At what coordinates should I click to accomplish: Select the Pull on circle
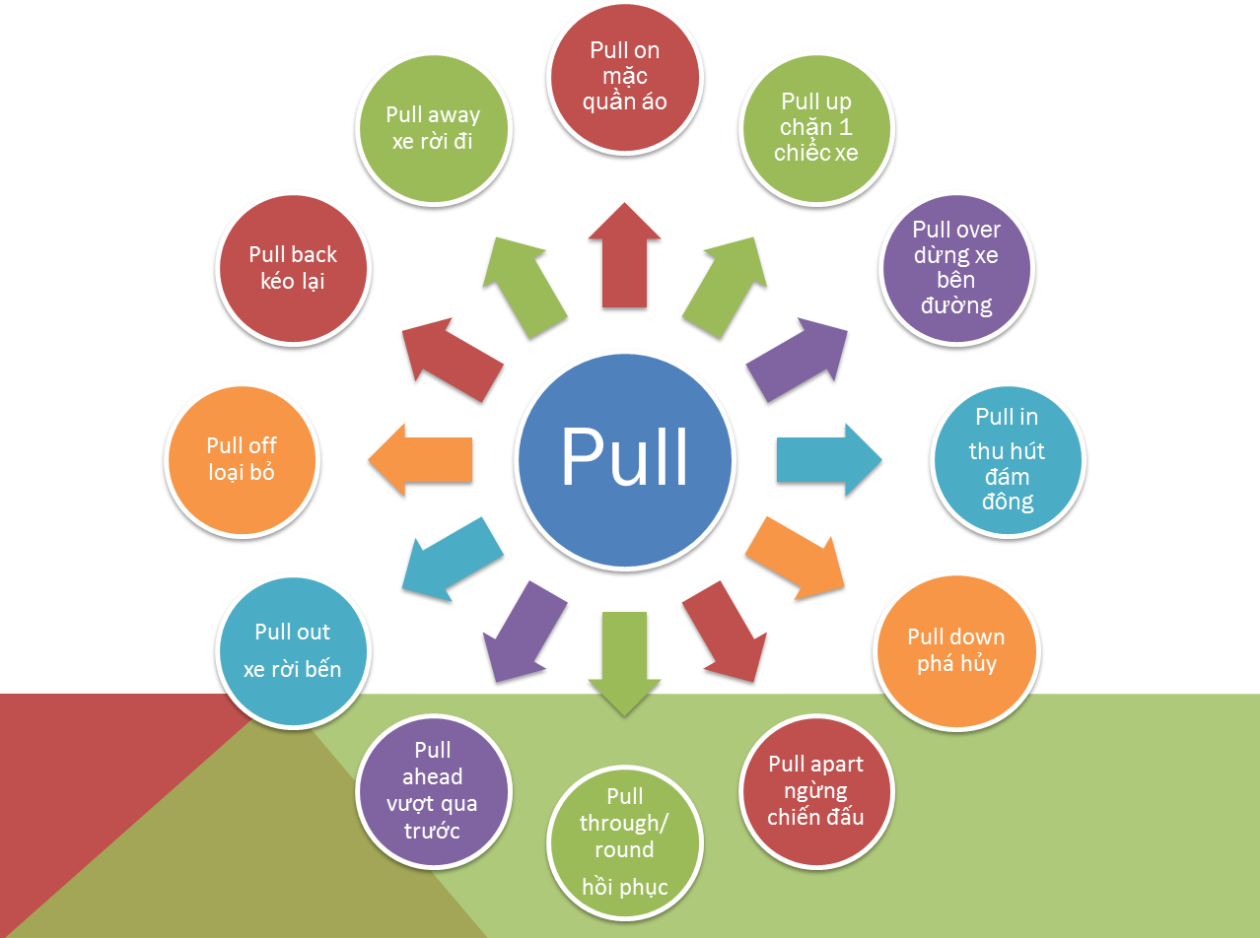[x=624, y=77]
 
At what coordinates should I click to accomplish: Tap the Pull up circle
[x=816, y=127]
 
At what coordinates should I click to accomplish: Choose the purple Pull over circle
[x=955, y=268]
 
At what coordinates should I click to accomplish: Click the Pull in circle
[x=1007, y=460]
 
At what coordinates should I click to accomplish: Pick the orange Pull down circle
[x=955, y=651]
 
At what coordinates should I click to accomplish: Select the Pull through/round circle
[x=625, y=842]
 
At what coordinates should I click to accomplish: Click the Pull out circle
[x=293, y=651]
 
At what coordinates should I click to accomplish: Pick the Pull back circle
[x=293, y=268]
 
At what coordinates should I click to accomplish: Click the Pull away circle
[x=432, y=127]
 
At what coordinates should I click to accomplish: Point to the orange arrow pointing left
[x=421, y=459]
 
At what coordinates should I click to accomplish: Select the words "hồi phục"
[x=625, y=887]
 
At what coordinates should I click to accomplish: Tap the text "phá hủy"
[x=956, y=663]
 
